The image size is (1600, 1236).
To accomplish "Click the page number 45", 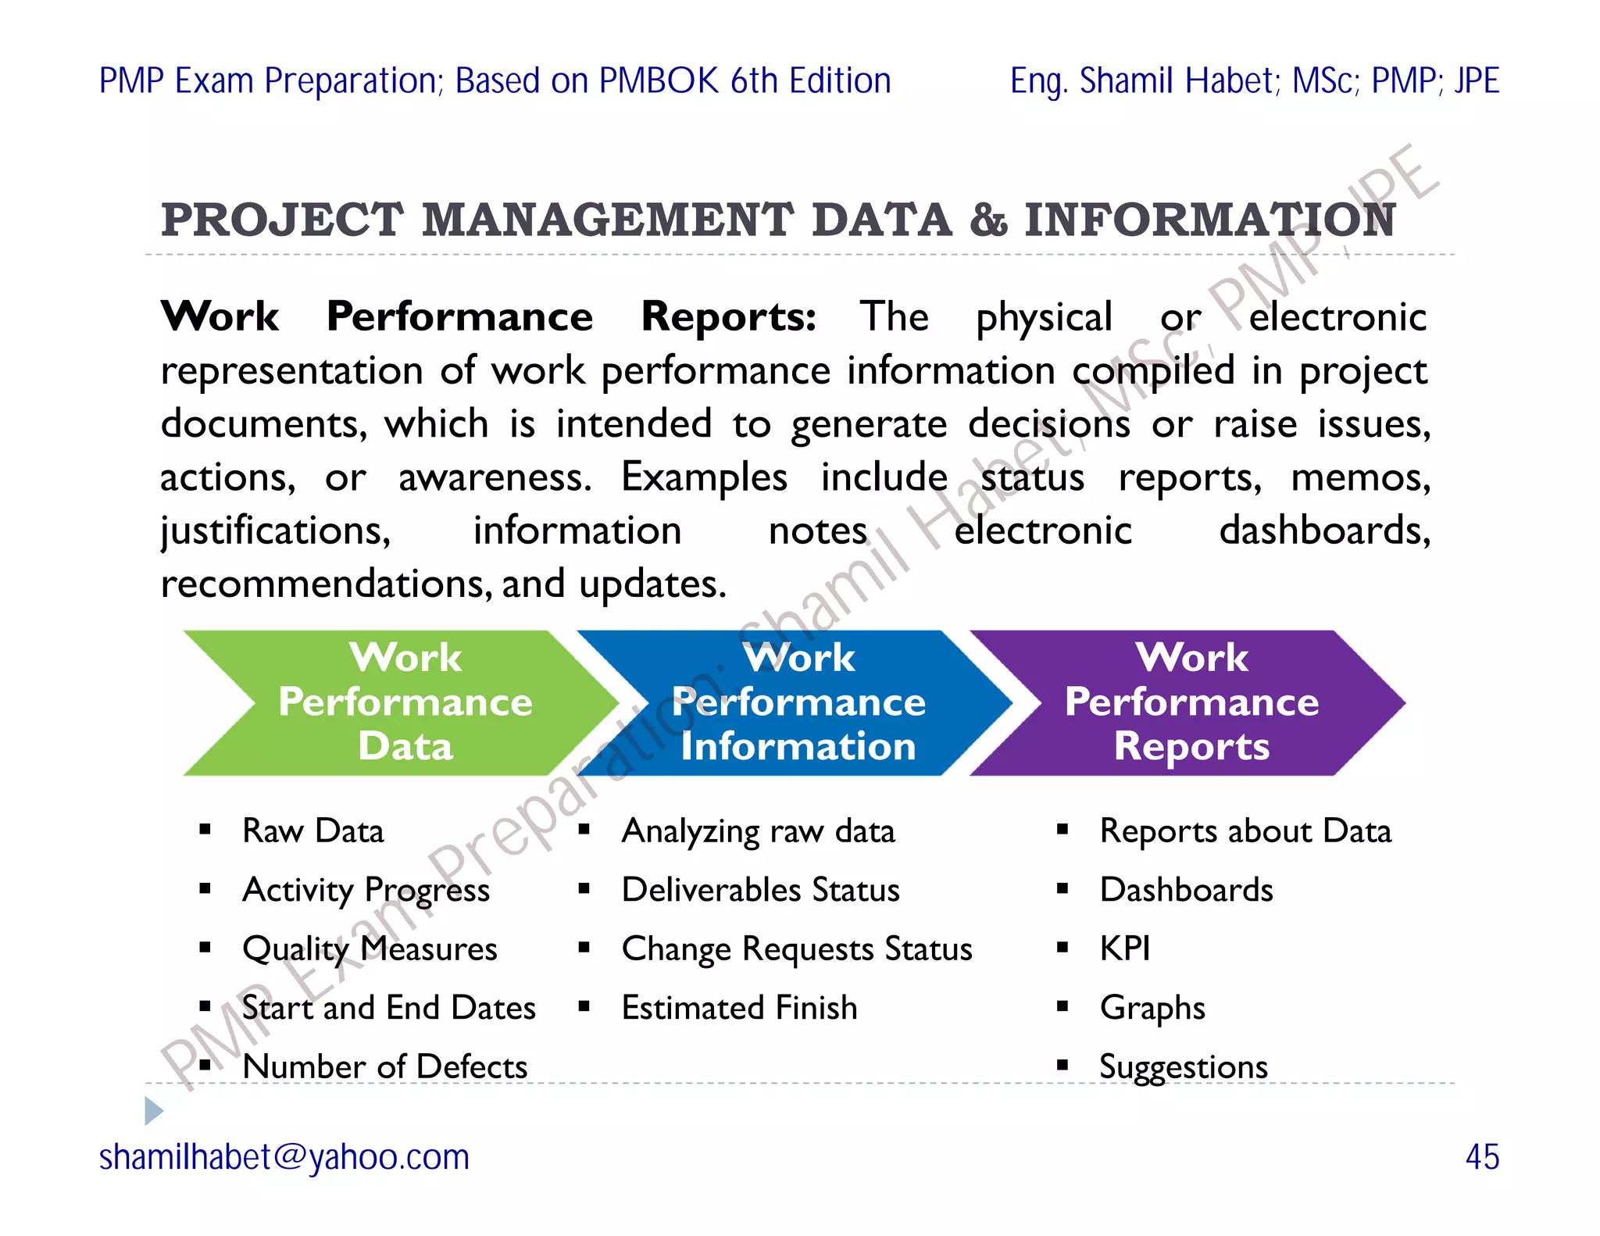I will [1481, 1157].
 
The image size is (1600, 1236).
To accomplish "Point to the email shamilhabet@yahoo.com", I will [284, 1157].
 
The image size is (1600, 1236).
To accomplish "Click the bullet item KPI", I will [1124, 948].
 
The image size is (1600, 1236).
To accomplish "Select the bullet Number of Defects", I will [385, 1066].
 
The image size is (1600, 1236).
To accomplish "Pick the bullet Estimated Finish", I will [739, 1008].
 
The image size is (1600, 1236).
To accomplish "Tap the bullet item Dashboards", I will [1186, 890].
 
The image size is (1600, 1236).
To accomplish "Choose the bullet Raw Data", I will [313, 831].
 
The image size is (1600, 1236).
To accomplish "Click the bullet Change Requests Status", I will [797, 948].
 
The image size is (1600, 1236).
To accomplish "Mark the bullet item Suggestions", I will [1183, 1066].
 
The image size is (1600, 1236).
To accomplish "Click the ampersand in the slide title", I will [988, 220].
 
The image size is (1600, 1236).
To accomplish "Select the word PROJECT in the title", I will [282, 220].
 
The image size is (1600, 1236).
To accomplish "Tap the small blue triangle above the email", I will [154, 1110].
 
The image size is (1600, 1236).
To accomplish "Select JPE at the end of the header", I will [1476, 81].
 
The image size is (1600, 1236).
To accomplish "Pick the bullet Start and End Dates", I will [389, 1008].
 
